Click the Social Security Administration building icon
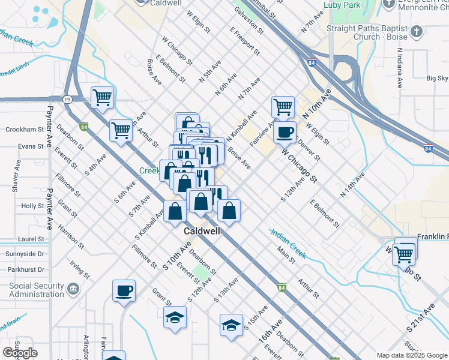(73, 290)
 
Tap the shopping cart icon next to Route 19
(103, 97)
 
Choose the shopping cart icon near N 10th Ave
(283, 107)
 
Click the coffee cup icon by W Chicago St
(285, 131)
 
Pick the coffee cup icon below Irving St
(124, 290)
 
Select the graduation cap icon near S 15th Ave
(231, 325)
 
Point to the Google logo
(20, 353)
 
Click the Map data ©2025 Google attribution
(412, 355)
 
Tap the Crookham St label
(25, 130)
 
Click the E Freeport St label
(244, 41)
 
